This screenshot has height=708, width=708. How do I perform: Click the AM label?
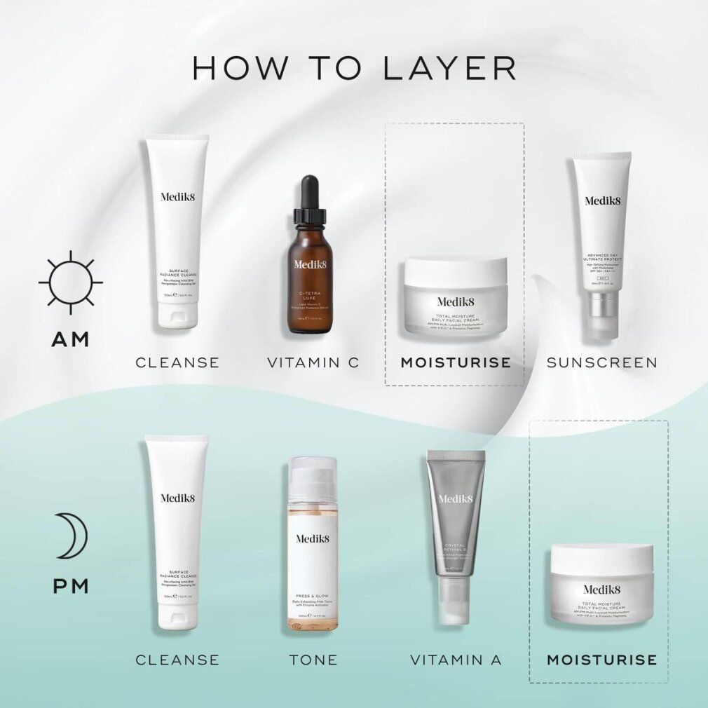tap(71, 339)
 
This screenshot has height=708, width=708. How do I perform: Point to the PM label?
tap(71, 585)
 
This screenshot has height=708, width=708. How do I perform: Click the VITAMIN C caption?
tap(313, 362)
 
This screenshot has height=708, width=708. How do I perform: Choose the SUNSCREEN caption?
tap(601, 362)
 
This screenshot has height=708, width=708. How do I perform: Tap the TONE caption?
tap(313, 660)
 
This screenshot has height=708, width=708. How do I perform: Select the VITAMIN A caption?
tap(456, 660)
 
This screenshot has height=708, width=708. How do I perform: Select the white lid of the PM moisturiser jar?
tap(601, 559)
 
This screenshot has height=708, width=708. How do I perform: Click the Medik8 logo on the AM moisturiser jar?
tap(456, 301)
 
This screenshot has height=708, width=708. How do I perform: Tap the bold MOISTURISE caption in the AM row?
tap(456, 362)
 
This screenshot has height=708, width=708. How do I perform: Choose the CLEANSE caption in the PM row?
tap(177, 660)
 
